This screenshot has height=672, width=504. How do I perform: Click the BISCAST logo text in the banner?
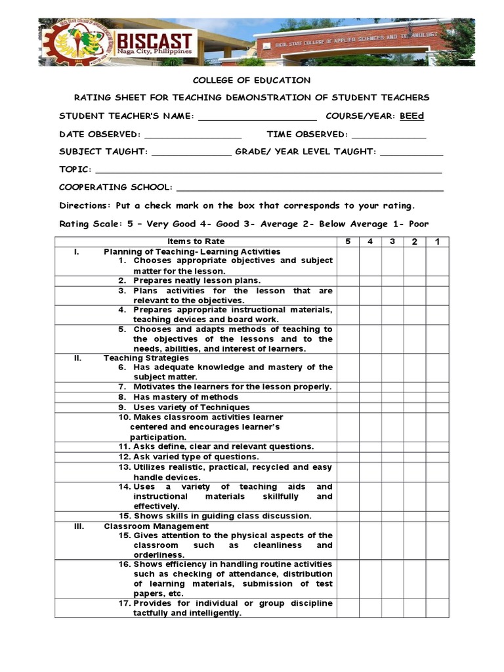click(x=154, y=41)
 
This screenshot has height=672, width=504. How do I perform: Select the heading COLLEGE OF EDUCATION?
click(x=251, y=80)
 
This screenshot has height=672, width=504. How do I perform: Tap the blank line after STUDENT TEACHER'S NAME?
click(x=257, y=118)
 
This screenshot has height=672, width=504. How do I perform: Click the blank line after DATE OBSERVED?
click(x=192, y=136)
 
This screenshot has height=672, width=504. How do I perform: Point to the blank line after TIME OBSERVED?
click(x=388, y=136)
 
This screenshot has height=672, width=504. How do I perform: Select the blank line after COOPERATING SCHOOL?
click(x=310, y=190)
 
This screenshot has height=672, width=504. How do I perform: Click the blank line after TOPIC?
click(x=269, y=172)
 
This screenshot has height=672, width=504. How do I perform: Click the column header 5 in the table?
click(x=348, y=241)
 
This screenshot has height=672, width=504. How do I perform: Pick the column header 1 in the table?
click(x=437, y=241)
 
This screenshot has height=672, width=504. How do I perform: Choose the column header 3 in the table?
click(x=392, y=241)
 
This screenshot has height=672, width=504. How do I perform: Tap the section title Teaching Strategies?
click(x=146, y=358)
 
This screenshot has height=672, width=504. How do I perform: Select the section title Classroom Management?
click(x=156, y=526)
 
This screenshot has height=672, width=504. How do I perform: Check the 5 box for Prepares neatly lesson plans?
click(x=348, y=281)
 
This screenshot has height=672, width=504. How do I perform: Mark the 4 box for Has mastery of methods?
click(x=371, y=397)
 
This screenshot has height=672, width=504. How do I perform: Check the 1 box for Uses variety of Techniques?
click(x=437, y=408)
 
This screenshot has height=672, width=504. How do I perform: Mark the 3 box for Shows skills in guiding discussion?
click(x=392, y=516)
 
